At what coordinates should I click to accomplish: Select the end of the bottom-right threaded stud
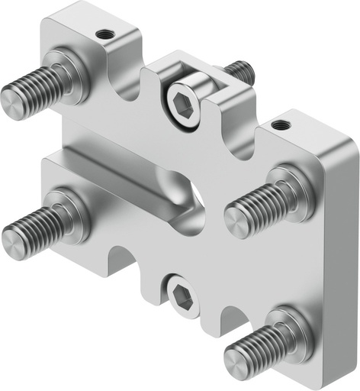tap(236, 359)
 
